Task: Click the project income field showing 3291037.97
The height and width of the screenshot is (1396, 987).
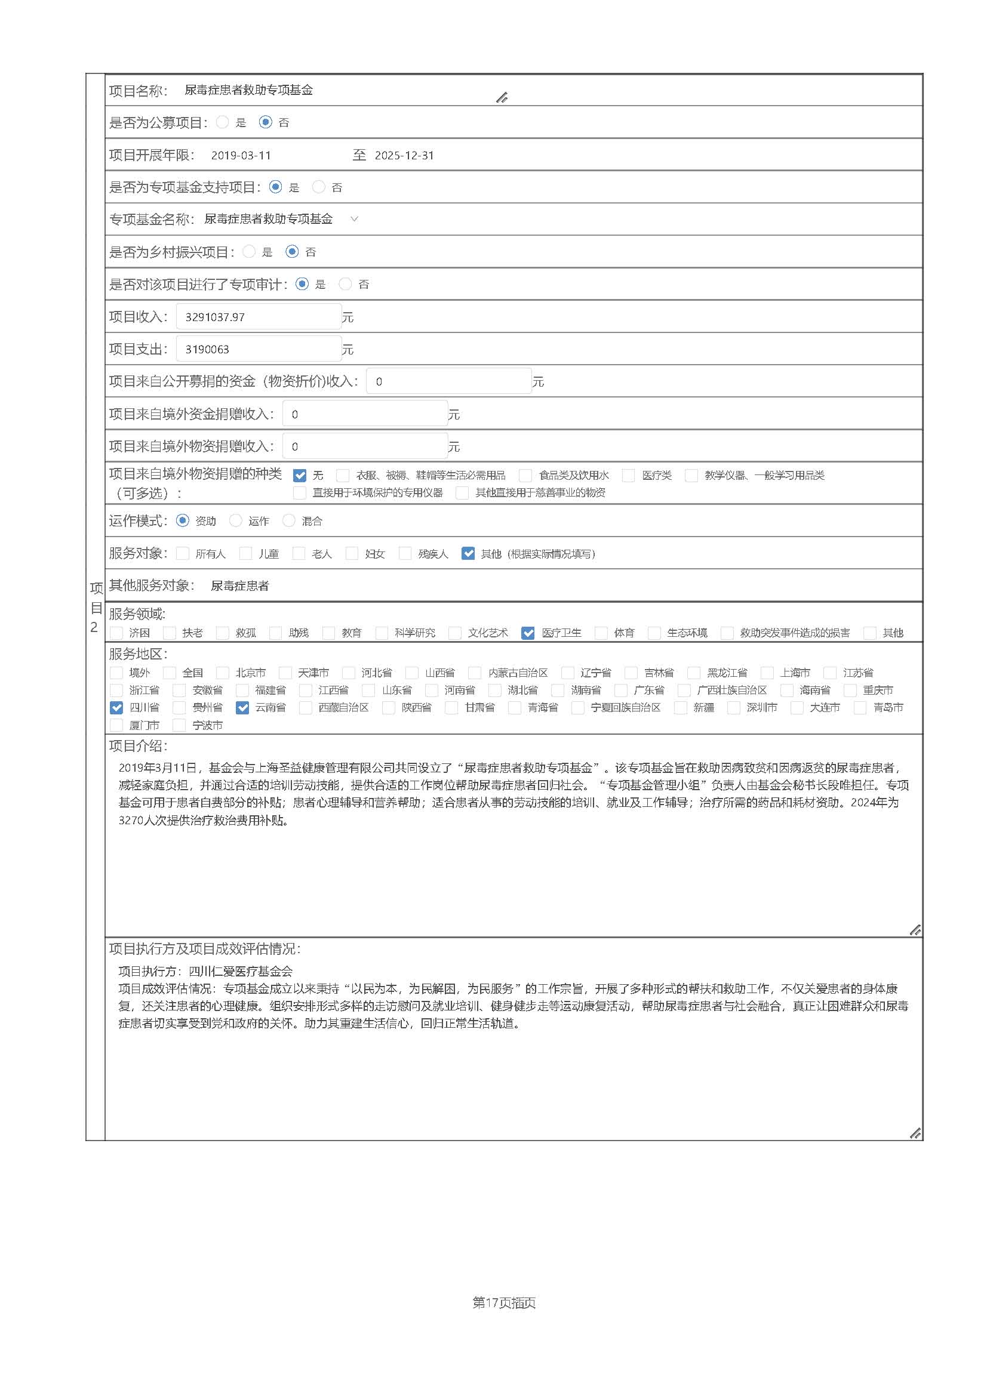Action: click(x=259, y=317)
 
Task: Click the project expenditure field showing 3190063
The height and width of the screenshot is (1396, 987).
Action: click(x=259, y=349)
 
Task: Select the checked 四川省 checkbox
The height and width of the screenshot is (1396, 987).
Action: click(x=116, y=708)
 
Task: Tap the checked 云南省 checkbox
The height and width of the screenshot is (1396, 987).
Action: click(x=242, y=708)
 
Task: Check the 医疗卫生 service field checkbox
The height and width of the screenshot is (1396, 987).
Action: click(x=528, y=633)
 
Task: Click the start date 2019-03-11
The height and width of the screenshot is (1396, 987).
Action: click(x=241, y=156)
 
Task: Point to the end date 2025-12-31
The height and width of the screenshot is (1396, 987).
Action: click(x=404, y=156)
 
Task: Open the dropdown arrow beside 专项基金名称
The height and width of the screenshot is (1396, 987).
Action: click(x=355, y=219)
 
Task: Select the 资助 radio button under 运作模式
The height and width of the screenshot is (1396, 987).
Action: click(x=183, y=520)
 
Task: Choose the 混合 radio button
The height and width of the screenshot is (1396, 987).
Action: click(x=289, y=520)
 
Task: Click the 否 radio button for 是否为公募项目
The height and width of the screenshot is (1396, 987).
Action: click(x=265, y=122)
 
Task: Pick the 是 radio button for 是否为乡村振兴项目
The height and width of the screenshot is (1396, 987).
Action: click(x=249, y=251)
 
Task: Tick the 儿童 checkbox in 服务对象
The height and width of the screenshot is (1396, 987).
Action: click(x=245, y=553)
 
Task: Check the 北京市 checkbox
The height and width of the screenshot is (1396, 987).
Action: click(x=223, y=673)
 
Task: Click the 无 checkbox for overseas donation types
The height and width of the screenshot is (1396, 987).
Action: click(x=299, y=476)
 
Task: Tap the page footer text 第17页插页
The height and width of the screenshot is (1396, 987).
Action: click(x=504, y=1302)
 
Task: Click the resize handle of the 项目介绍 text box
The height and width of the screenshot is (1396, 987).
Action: click(x=915, y=930)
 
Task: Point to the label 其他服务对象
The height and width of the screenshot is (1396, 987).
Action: click(x=151, y=585)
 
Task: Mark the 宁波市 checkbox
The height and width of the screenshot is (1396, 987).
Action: click(x=179, y=725)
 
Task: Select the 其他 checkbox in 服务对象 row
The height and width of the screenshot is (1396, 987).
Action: click(x=468, y=553)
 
